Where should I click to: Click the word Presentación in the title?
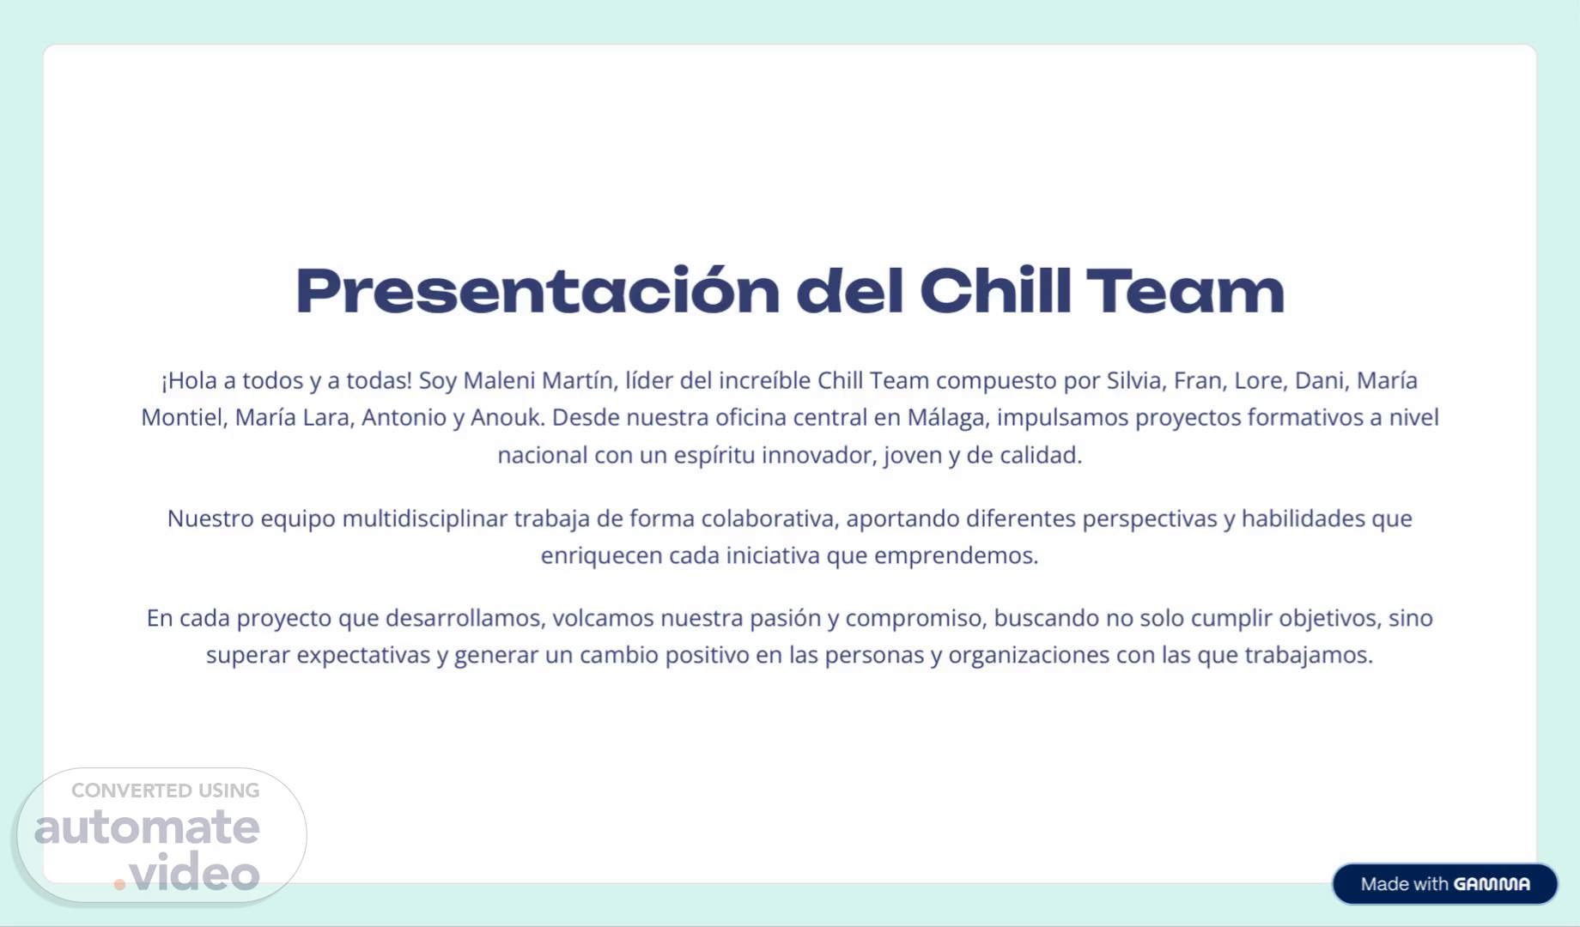click(538, 292)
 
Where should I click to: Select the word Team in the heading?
click(1186, 291)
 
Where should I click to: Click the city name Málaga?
click(949, 418)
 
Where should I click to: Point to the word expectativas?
click(363, 656)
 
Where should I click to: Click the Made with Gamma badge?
click(1444, 884)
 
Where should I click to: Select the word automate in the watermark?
click(147, 827)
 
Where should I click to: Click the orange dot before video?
click(119, 884)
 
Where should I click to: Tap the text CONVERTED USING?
click(165, 791)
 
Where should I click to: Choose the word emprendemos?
click(957, 556)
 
